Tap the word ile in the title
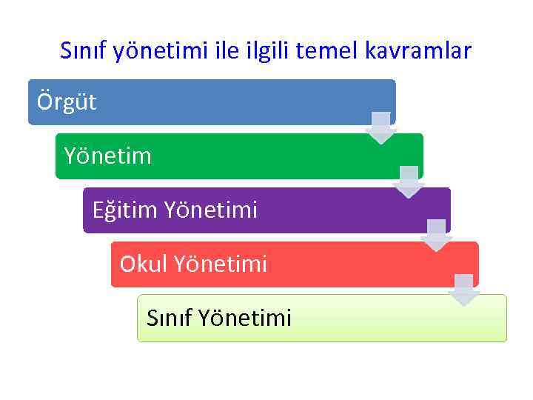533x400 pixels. click(227, 51)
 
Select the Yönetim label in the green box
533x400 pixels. click(107, 156)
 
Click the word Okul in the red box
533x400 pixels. click(144, 264)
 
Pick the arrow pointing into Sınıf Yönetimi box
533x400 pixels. click(464, 290)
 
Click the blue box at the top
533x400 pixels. click(222, 101)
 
